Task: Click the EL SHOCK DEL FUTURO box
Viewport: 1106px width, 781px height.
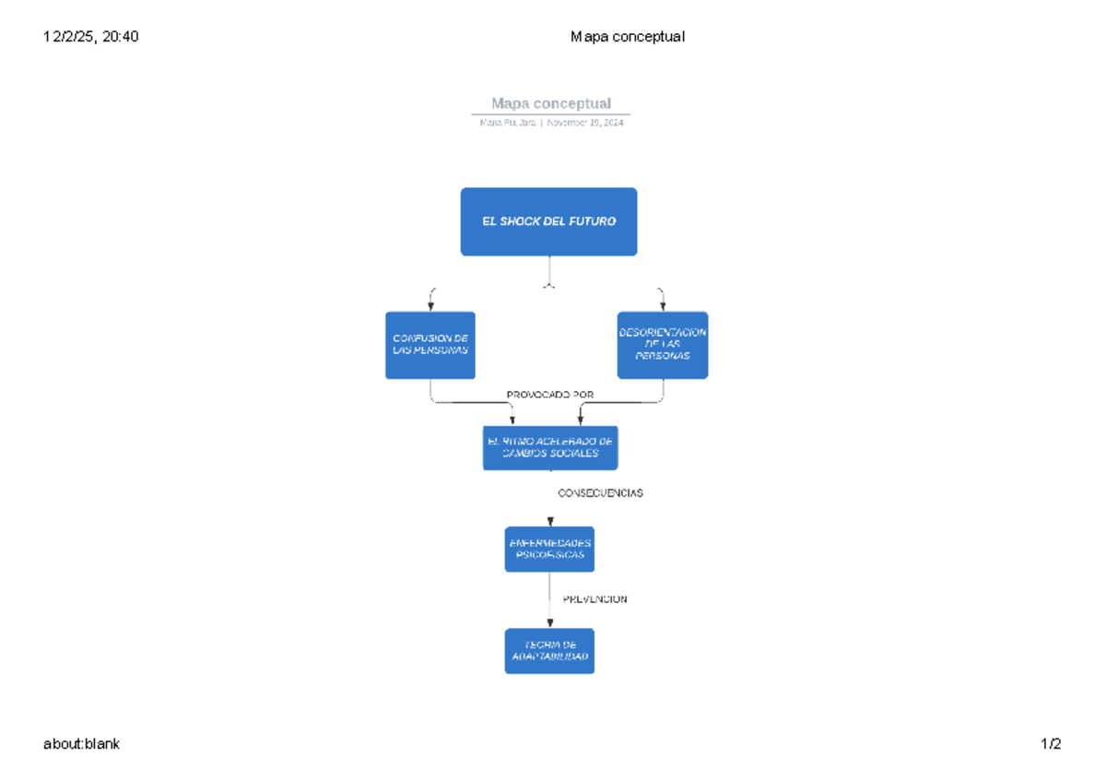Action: (548, 221)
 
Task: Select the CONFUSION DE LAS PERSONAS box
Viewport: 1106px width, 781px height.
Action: (430, 345)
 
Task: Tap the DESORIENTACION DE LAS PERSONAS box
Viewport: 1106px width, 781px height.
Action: (663, 345)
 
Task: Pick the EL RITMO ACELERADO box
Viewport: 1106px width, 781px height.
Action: (550, 447)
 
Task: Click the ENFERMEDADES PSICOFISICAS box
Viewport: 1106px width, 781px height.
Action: (549, 550)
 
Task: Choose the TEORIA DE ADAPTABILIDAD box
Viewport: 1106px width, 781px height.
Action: (549, 651)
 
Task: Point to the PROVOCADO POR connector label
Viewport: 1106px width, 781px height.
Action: (550, 395)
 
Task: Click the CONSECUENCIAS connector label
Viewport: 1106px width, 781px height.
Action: (600, 493)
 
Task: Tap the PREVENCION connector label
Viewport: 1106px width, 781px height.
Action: (594, 599)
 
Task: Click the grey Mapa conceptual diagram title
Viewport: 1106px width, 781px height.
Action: (550, 103)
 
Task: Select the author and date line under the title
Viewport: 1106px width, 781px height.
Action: (550, 124)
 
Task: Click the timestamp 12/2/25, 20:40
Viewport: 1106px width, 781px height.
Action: (91, 37)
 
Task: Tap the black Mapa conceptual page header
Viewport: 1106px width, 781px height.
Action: (627, 37)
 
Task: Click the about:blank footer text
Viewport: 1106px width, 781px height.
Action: (82, 744)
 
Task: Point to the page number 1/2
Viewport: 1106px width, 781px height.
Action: (1051, 744)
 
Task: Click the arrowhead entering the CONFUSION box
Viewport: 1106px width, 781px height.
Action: (430, 307)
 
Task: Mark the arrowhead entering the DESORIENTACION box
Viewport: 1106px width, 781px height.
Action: (663, 307)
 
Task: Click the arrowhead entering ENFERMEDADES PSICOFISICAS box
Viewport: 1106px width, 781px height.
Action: (550, 522)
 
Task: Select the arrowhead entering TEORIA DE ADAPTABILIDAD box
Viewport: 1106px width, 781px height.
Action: (550, 623)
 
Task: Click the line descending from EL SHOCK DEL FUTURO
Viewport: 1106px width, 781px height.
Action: (549, 269)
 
